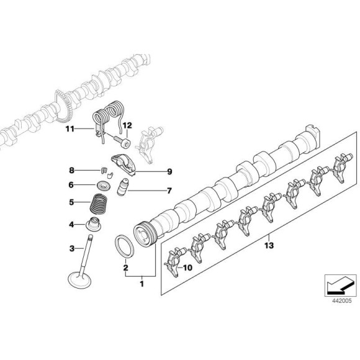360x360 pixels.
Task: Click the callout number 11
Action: [70, 129]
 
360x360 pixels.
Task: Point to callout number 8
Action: [71, 170]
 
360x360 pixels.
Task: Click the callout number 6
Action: [71, 184]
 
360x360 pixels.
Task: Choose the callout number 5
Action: [71, 202]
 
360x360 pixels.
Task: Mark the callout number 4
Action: [71, 224]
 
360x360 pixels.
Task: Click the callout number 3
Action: [71, 248]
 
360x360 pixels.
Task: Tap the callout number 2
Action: [125, 268]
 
